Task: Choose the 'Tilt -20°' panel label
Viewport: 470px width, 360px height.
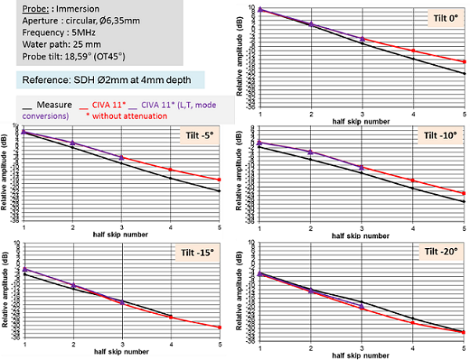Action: tap(439, 252)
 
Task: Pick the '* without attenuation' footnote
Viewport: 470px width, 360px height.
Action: tap(130, 115)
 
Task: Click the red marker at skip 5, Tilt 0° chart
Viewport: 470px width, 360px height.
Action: tap(465, 61)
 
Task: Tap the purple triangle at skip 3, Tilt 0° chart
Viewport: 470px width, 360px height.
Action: tap(362, 38)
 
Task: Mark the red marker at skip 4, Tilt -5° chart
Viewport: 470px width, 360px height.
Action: tap(171, 169)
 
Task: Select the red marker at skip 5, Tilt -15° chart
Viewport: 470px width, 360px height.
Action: tap(219, 327)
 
